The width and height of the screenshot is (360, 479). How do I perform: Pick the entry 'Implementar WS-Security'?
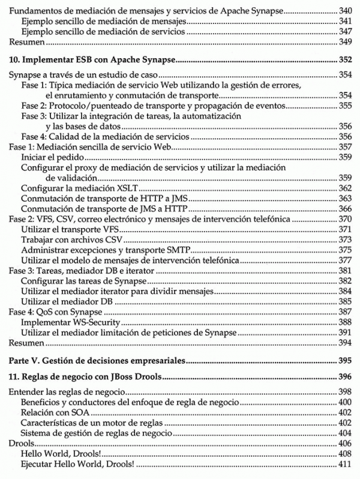point(63,322)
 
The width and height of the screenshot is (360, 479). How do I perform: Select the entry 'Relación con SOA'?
point(53,412)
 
